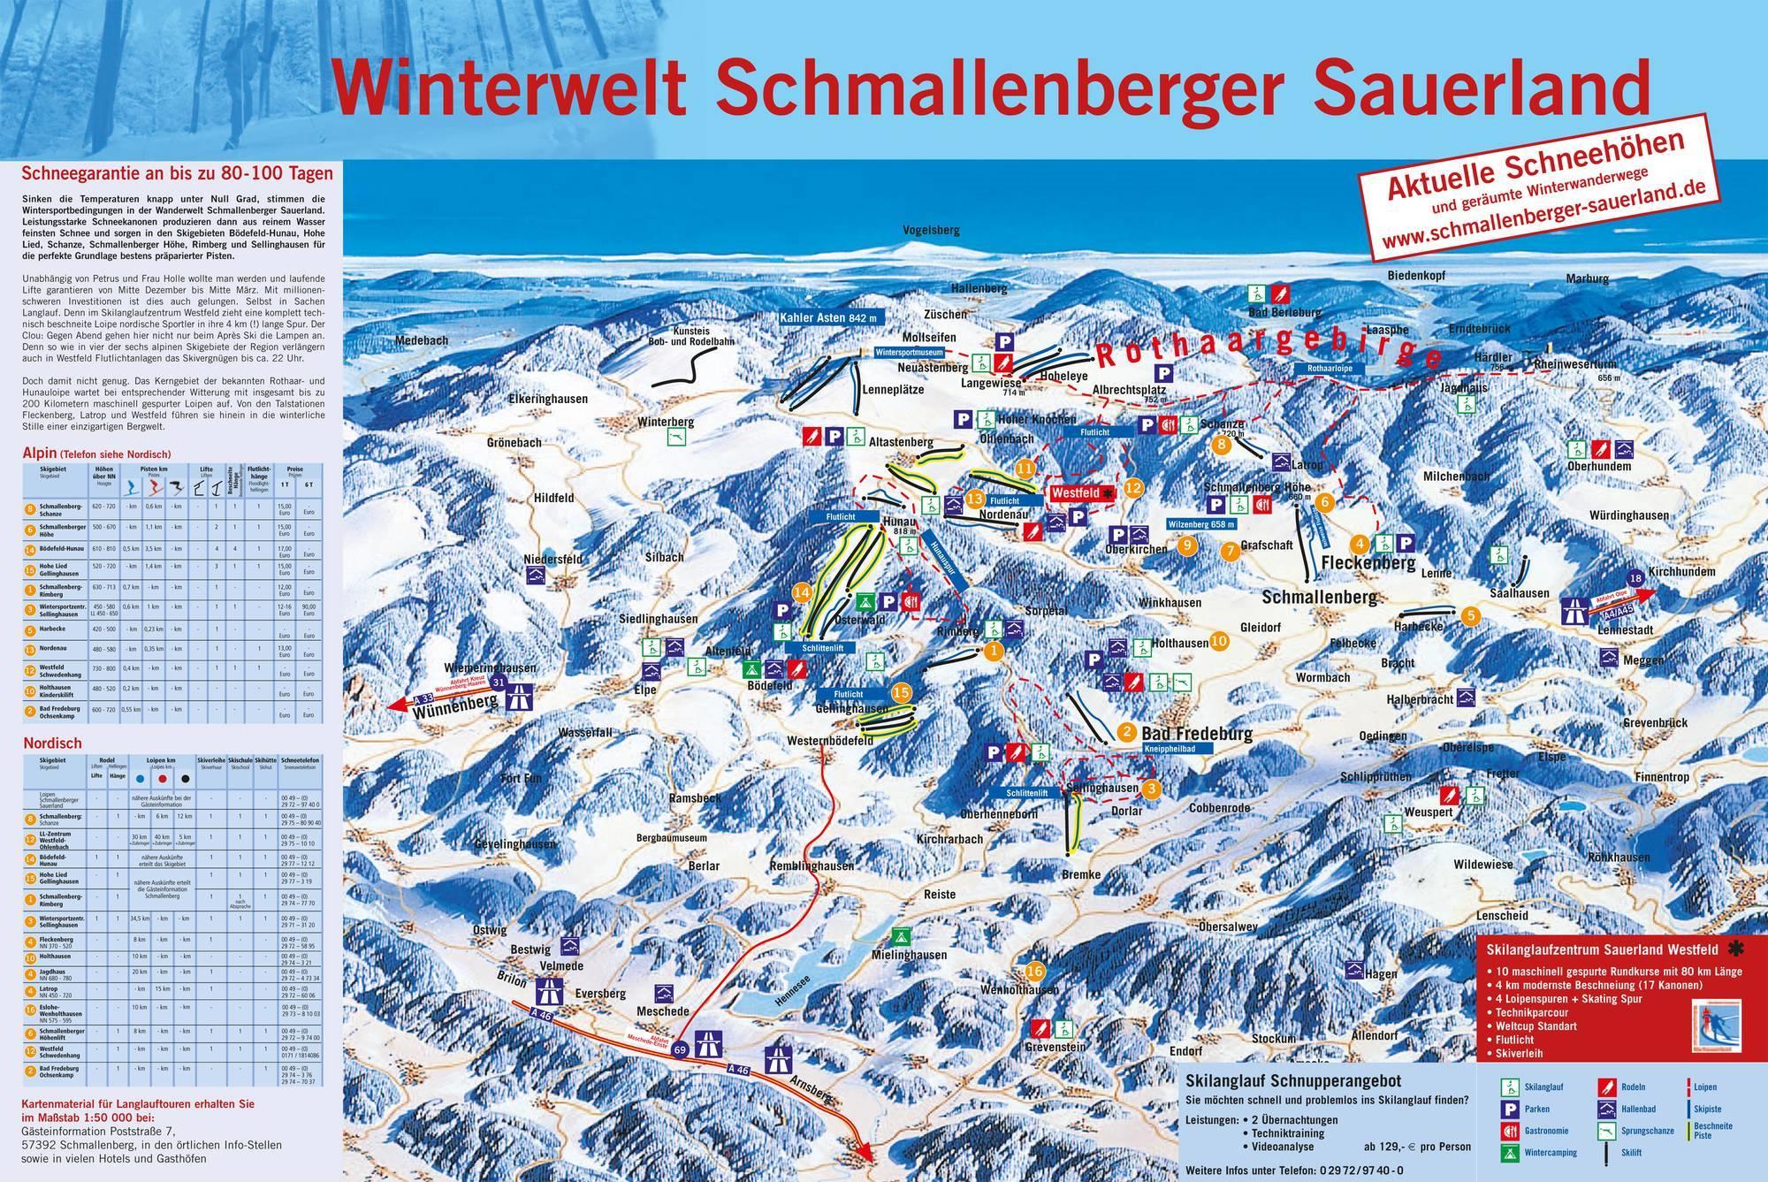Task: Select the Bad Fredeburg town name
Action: (x=1197, y=734)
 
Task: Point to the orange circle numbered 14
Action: (x=803, y=592)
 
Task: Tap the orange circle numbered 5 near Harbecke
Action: (x=1470, y=615)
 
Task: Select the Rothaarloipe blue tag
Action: (x=1323, y=368)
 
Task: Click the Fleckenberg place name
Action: (x=1368, y=563)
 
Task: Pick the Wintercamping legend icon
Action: (x=1509, y=1153)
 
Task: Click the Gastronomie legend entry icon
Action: (x=1509, y=1131)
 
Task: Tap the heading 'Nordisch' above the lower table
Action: (x=52, y=744)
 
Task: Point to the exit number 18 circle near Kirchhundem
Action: (x=1636, y=578)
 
